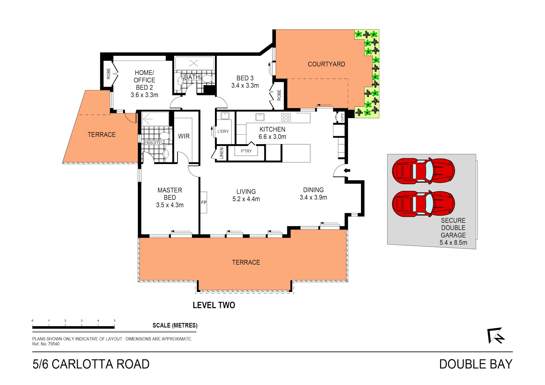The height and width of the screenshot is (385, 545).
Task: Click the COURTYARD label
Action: [326, 64]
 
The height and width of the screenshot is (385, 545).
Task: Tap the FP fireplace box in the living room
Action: [204, 203]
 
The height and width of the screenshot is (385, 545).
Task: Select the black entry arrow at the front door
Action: [347, 171]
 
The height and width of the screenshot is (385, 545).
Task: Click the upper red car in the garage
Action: [423, 171]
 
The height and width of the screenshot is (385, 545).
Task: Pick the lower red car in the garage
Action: [423, 203]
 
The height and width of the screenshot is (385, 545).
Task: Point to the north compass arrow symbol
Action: [496, 335]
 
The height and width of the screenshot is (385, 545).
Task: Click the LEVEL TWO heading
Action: [214, 305]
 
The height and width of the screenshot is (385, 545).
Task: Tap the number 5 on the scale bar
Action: [114, 321]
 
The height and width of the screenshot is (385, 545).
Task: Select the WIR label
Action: [184, 136]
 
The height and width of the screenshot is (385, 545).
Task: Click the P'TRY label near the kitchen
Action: [246, 151]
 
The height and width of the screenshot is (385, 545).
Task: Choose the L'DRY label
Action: [223, 131]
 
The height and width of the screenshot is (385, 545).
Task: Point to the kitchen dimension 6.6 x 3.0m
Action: [272, 137]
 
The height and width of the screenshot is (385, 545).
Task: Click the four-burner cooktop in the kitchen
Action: [286, 117]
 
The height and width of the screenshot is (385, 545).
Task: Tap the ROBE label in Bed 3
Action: [279, 95]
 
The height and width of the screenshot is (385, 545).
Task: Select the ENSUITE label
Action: [153, 143]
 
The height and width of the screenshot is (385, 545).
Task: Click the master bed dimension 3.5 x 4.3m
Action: [170, 205]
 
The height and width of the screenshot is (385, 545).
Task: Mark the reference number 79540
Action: [54, 344]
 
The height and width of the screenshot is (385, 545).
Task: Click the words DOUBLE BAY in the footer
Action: [476, 364]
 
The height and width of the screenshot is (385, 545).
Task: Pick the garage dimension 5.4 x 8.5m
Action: [453, 243]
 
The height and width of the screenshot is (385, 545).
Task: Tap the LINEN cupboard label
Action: [222, 153]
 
